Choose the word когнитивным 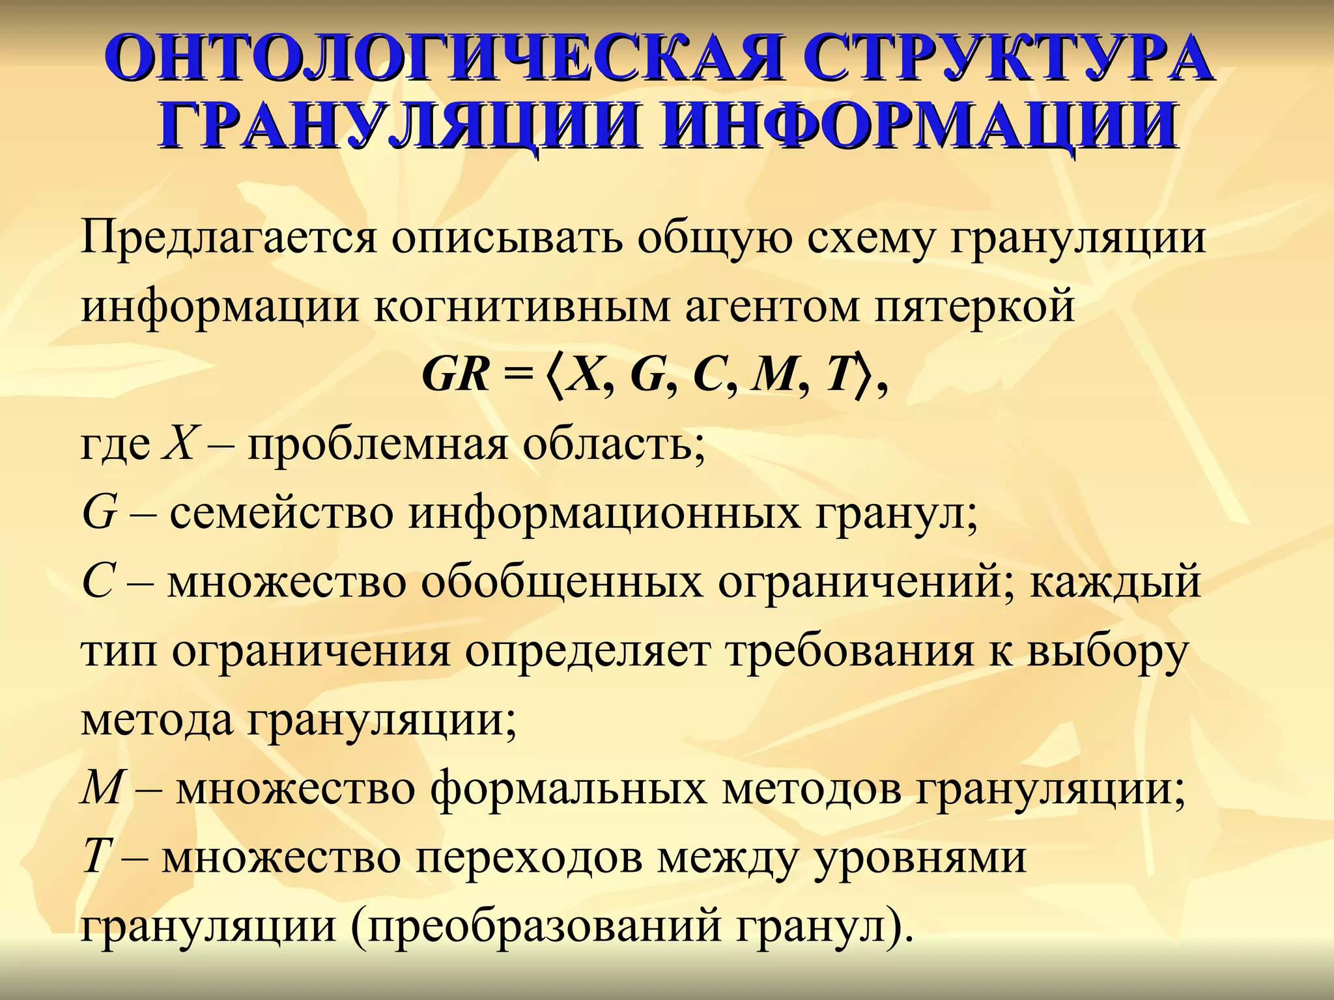(x=522, y=307)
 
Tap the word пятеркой (x=974, y=307)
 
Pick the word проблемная (x=376, y=446)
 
